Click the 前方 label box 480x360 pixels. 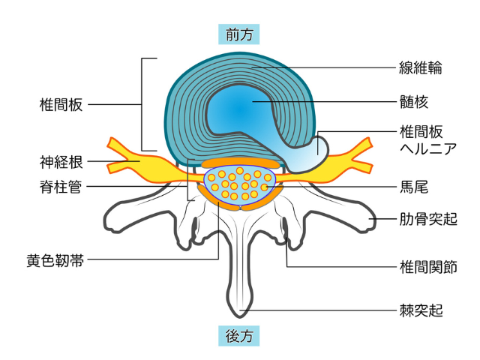pyautogui.click(x=239, y=34)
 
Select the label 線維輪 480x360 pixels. pyautogui.click(x=420, y=68)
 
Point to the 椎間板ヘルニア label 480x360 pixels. pyautogui.click(x=425, y=139)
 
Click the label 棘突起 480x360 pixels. pyautogui.click(x=420, y=309)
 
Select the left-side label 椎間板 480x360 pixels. pyautogui.click(x=61, y=104)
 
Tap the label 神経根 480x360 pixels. pyautogui.click(x=61, y=161)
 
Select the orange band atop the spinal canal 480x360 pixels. pyautogui.click(x=240, y=162)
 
